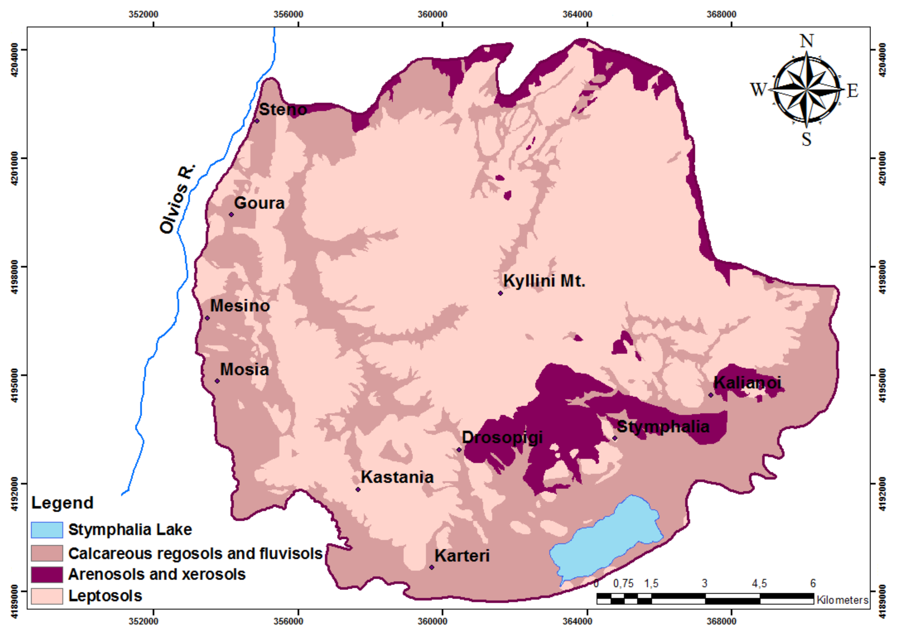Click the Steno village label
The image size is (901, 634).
coord(283,109)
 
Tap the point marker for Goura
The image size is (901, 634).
coord(231,214)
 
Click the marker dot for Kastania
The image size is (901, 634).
coord(358,489)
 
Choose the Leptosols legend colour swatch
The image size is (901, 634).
coord(47,596)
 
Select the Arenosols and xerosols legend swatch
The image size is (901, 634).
coord(47,574)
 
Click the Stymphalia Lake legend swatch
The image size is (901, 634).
coord(47,530)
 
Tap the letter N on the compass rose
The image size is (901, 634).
coord(807,41)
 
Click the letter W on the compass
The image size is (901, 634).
coord(758,89)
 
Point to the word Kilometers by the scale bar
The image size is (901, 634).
coord(842,600)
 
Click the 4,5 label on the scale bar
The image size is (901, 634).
coord(759,584)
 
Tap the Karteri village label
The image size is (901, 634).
coord(462,555)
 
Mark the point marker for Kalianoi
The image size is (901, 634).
coord(711,395)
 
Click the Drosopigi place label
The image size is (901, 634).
coord(502,437)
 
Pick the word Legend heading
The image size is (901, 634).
coord(62,502)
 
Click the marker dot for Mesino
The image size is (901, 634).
coord(207,318)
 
